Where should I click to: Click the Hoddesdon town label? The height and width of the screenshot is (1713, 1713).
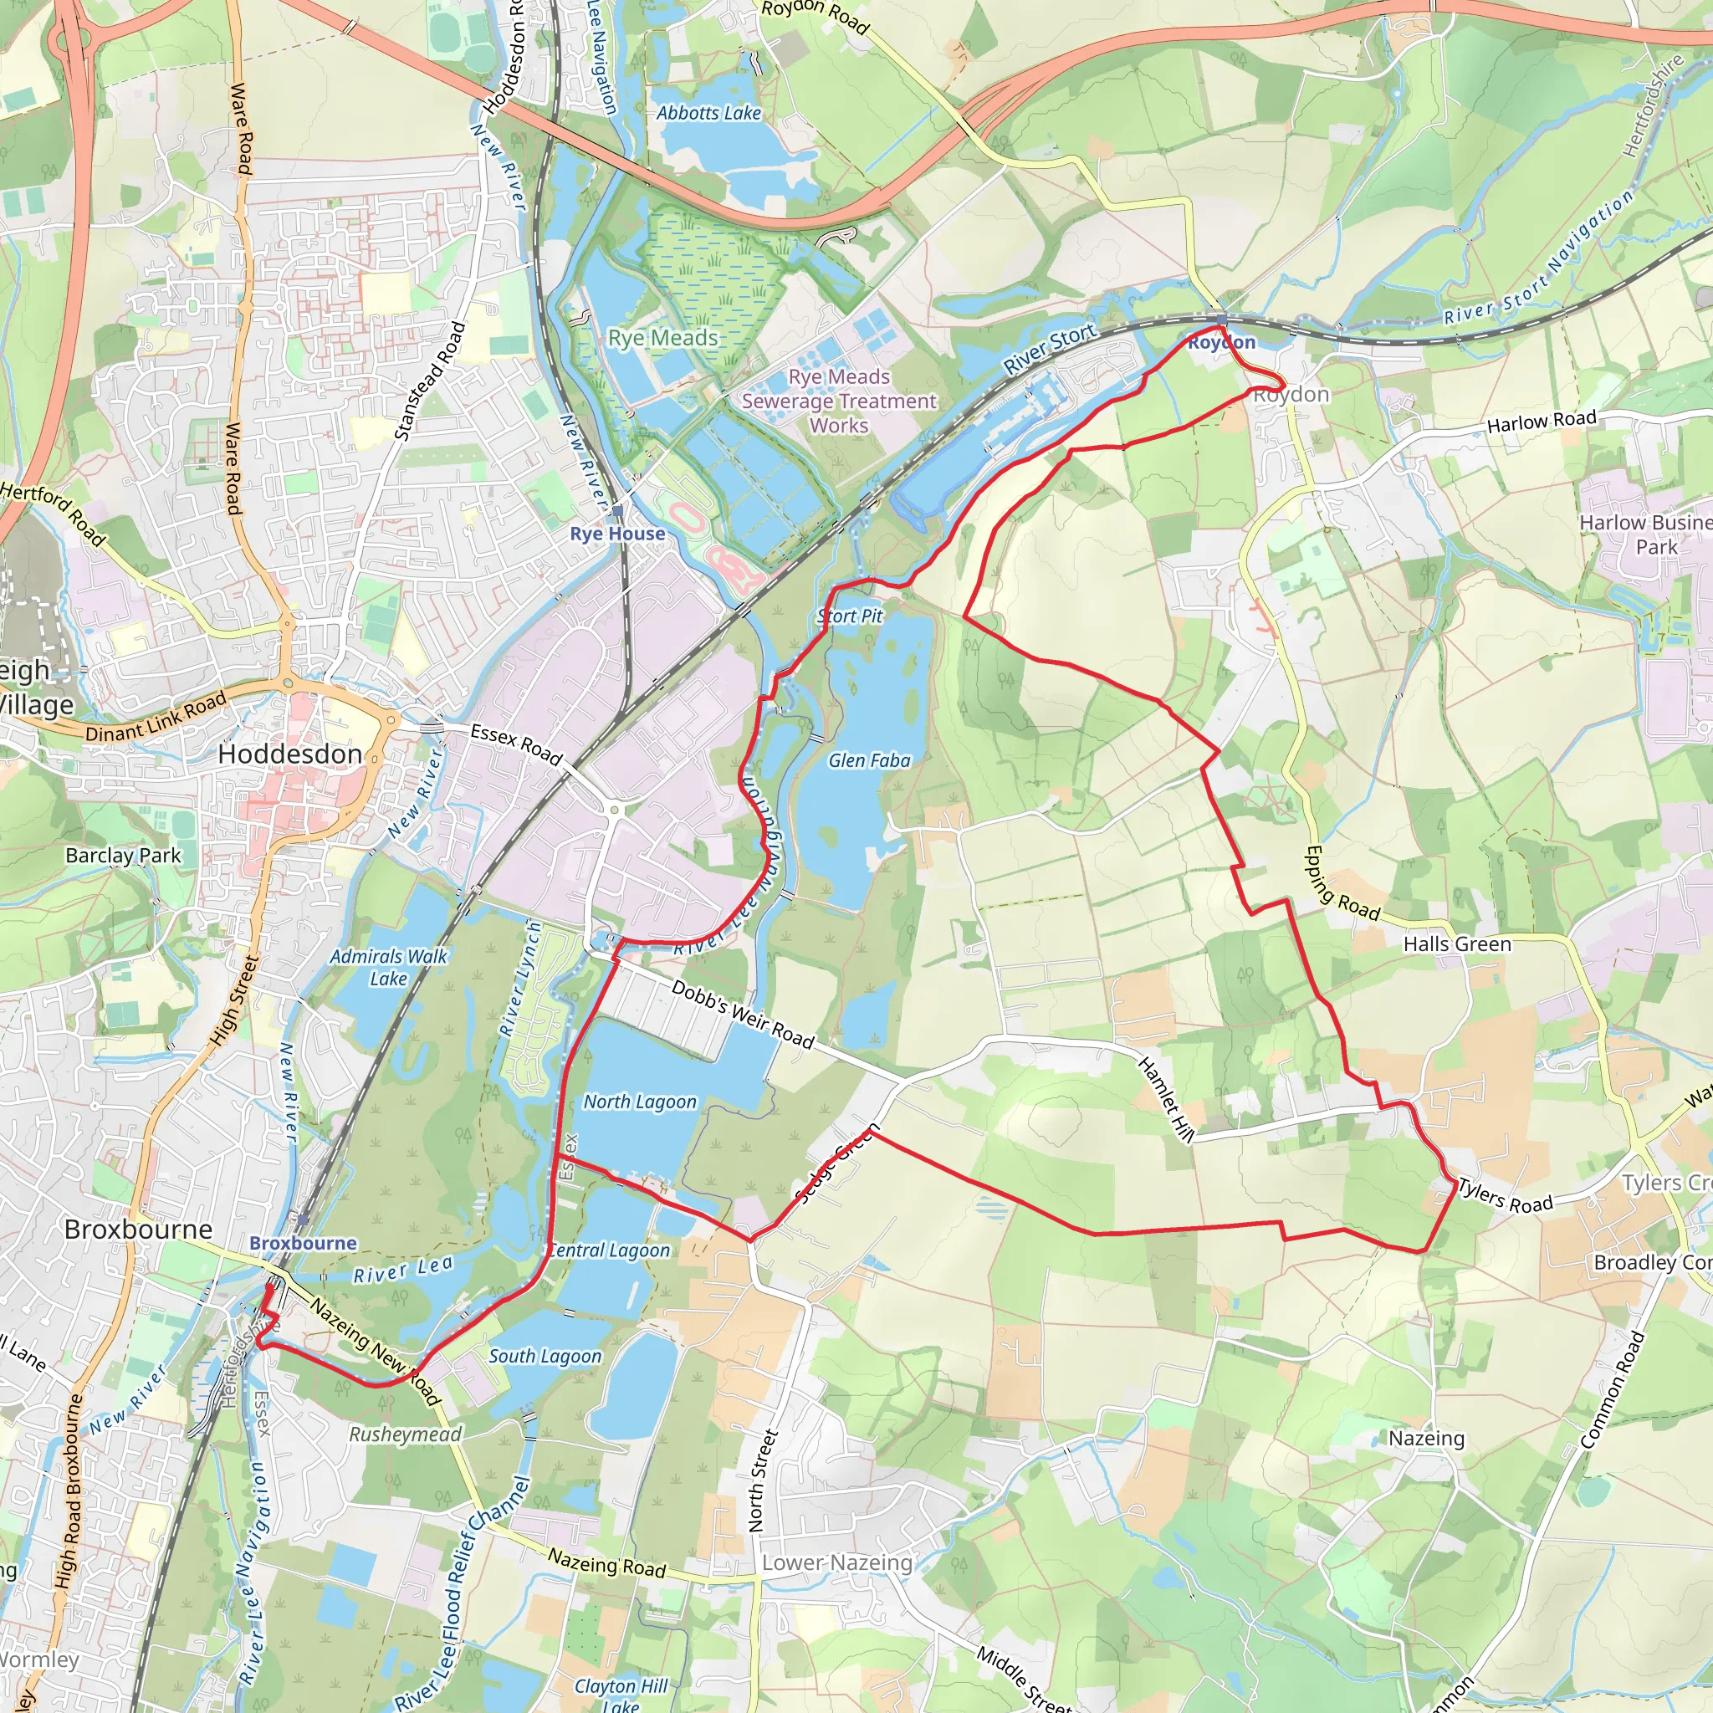pos(290,754)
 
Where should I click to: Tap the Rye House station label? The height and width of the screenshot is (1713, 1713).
pos(617,533)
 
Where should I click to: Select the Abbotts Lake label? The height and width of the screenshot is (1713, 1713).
pos(708,113)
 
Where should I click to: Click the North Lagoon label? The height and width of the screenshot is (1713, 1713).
pos(639,1102)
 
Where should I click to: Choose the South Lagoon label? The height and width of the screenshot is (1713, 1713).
pos(545,1356)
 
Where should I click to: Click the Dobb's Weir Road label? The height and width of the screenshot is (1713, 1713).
pos(742,1015)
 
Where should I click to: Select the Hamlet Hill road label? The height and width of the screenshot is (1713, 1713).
pos(1167,1097)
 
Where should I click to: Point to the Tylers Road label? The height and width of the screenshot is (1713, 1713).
pos(1506,1195)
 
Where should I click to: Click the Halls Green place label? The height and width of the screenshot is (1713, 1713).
pos(1457,944)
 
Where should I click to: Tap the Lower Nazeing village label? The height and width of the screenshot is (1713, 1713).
pos(837,1562)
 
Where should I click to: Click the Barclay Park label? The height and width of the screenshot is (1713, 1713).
pos(123,856)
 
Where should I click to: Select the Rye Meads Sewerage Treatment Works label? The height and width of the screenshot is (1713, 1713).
pos(839,401)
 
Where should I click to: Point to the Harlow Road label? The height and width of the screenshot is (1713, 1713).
pos(1541,422)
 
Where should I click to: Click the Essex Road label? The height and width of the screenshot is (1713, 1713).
pos(516,744)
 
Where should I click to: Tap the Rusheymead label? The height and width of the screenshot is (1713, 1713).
pos(405,1434)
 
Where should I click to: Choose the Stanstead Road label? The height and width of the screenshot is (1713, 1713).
pos(430,381)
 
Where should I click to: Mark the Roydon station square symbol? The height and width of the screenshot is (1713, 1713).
pos(1222,320)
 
